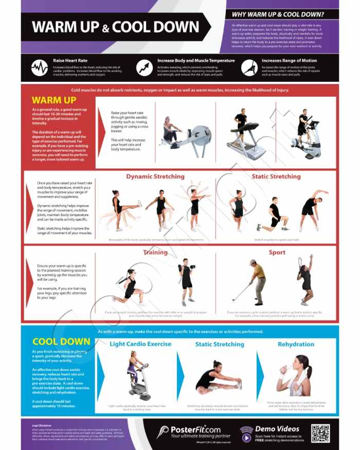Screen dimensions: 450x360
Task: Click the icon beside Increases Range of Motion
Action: click(249, 67)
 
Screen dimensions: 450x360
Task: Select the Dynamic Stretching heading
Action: click(155, 176)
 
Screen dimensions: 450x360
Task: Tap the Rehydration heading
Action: click(296, 344)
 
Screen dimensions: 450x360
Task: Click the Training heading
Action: click(155, 253)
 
